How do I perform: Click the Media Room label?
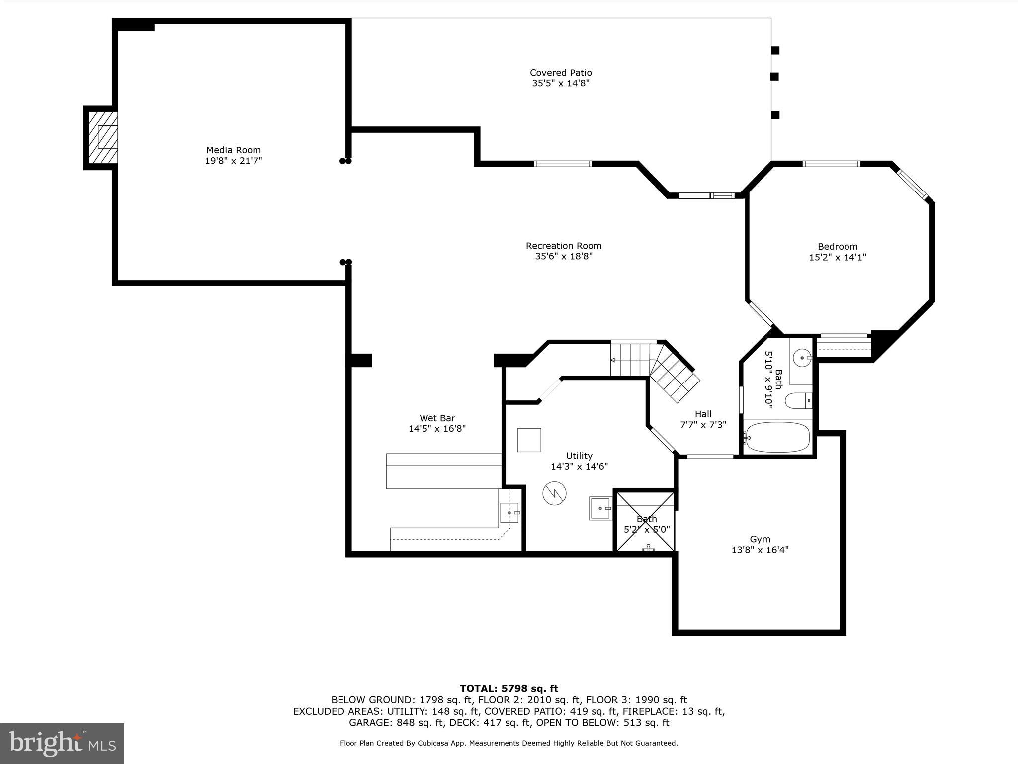point(233,150)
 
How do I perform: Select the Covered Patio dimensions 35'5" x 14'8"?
point(561,84)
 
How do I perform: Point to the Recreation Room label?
point(564,246)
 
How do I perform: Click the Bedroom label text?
point(838,247)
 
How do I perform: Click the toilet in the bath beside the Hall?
point(798,400)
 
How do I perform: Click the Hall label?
point(703,414)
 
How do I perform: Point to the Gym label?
point(760,539)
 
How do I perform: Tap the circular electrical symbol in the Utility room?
point(554,493)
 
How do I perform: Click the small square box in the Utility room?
point(529,440)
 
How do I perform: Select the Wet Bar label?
point(437,418)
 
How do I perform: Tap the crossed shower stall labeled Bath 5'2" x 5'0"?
point(645,521)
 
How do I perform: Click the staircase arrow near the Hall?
point(613,360)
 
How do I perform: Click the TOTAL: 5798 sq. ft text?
point(509,689)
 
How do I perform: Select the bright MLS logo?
point(62,743)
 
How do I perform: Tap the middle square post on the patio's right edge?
point(774,77)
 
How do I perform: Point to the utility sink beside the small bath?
point(601,508)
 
